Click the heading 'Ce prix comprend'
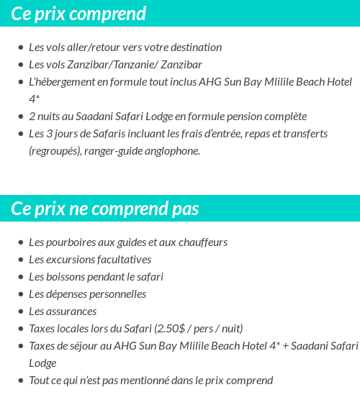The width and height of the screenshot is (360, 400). pyautogui.click(x=78, y=14)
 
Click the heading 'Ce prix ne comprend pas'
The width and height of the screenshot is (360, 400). pyautogui.click(x=105, y=209)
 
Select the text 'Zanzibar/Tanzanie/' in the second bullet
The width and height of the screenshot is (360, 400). pyautogui.click(x=108, y=65)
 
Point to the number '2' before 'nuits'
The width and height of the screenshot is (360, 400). pyautogui.click(x=32, y=117)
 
